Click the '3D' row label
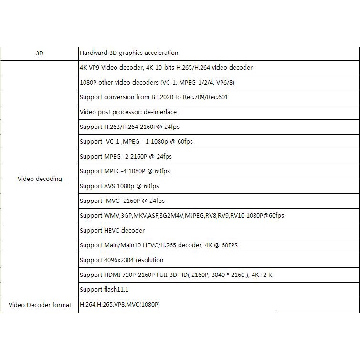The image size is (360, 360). tap(40, 53)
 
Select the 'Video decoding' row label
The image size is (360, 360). tap(40, 179)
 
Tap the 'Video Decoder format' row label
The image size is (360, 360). tap(40, 305)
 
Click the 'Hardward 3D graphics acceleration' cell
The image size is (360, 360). tap(129, 53)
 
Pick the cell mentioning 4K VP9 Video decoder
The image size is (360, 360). tap(166, 68)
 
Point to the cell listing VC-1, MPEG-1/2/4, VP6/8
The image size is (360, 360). tap(157, 83)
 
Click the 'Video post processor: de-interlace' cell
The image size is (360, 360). tap(128, 112)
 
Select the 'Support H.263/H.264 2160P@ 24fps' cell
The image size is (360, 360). tap(129, 127)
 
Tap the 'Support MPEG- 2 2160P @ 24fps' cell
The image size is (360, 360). tap(126, 157)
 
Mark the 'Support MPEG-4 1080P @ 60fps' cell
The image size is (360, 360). tap(125, 171)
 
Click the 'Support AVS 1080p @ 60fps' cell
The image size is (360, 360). tap(119, 186)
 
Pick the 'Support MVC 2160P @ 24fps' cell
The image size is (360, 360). tap(122, 201)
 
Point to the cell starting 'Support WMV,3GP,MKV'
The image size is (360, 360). tap(181, 216)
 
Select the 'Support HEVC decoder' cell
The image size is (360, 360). tap(112, 231)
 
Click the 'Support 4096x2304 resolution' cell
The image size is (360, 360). tap(121, 260)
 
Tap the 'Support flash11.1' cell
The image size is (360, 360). tap(104, 290)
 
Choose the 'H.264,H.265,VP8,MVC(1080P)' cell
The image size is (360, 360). tap(120, 305)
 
